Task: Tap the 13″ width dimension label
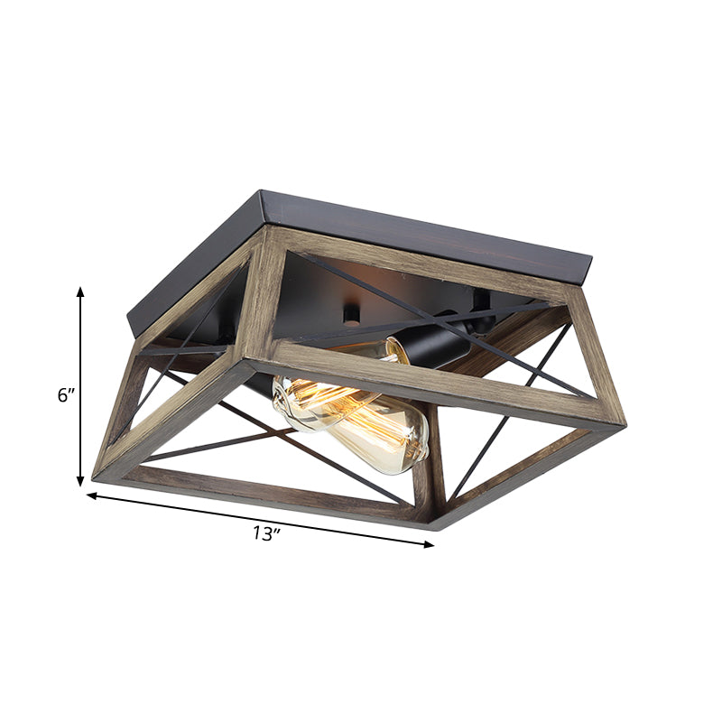point(267,533)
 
